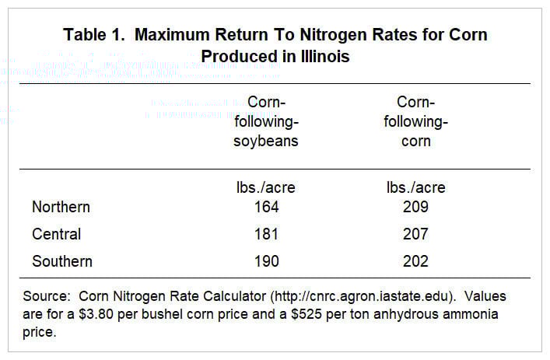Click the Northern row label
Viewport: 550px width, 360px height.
61,207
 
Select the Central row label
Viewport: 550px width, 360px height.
56,234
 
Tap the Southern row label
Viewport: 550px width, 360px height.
62,261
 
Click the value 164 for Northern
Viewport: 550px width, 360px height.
266,207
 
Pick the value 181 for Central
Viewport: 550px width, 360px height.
266,234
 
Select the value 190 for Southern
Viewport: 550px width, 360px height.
266,261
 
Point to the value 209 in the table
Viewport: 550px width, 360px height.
415,207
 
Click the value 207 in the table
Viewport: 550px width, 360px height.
415,234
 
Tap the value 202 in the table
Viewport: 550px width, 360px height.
415,261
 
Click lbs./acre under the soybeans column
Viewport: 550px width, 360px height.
267,187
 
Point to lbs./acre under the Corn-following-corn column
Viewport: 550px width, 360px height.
416,187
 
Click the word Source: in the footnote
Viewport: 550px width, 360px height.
54,296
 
